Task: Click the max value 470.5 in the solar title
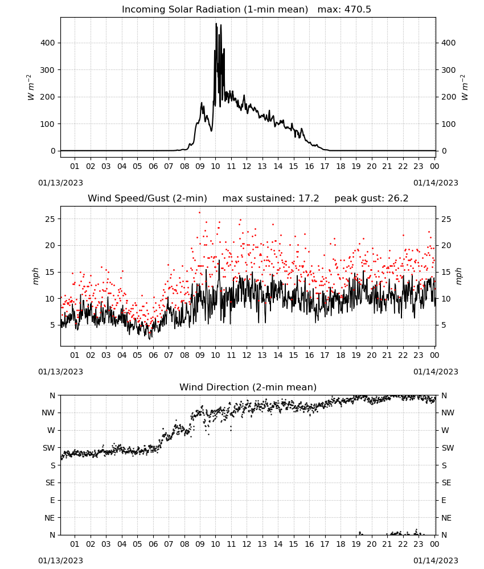(358, 10)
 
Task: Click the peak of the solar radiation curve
(216, 23)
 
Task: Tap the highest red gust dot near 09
(199, 213)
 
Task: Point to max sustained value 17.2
(309, 199)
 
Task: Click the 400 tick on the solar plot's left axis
(48, 43)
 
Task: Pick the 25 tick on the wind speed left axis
(50, 219)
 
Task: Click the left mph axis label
(35, 276)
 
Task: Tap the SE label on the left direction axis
(50, 483)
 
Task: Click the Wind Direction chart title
(248, 387)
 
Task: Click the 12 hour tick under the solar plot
(247, 167)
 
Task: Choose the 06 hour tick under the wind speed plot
(153, 355)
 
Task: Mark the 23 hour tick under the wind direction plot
(419, 545)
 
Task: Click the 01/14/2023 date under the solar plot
(436, 183)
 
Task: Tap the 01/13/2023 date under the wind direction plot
(60, 560)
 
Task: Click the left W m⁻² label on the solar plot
(30, 88)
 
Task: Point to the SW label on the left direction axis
(48, 448)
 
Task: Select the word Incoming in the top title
(138, 10)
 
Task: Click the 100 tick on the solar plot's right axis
(448, 124)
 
